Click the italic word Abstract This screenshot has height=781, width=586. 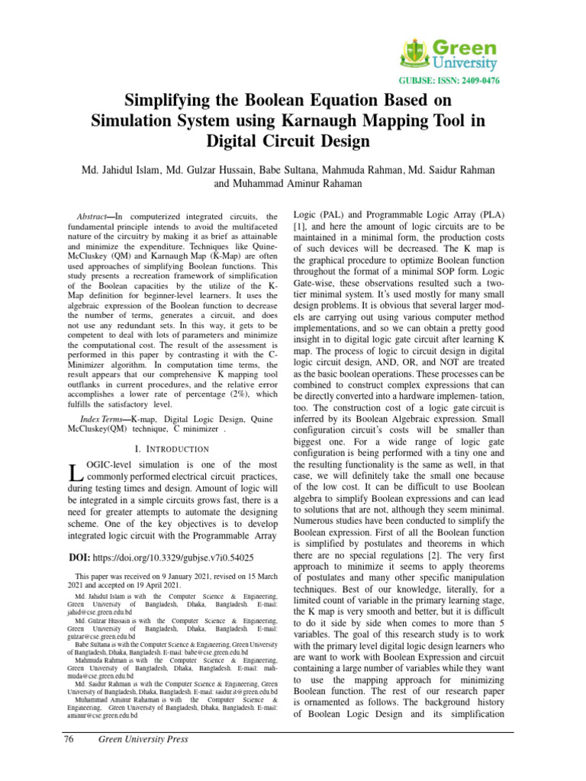[x=95, y=217]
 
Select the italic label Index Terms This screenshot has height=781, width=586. [x=103, y=421]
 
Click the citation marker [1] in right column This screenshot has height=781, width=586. [x=300, y=228]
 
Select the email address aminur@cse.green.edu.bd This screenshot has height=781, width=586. [x=103, y=716]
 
